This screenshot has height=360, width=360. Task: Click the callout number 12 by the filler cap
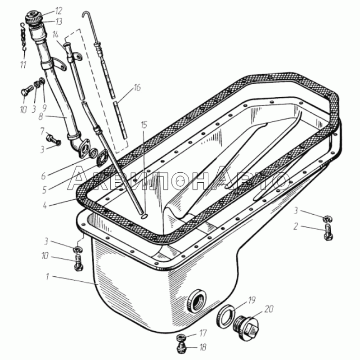[58, 10]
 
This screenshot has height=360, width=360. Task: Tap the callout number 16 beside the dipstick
[137, 87]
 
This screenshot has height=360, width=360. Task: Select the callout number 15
[144, 125]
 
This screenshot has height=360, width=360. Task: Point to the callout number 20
[269, 309]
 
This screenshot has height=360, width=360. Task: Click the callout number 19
[252, 300]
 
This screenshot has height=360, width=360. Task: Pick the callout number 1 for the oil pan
[47, 277]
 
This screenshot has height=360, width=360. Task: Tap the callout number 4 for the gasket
[45, 205]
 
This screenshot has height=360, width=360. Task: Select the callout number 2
[296, 226]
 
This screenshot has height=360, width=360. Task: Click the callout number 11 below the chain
[23, 65]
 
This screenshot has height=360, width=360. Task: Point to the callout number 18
[203, 347]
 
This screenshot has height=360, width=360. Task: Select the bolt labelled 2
[329, 232]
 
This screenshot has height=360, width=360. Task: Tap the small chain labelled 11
[24, 36]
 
